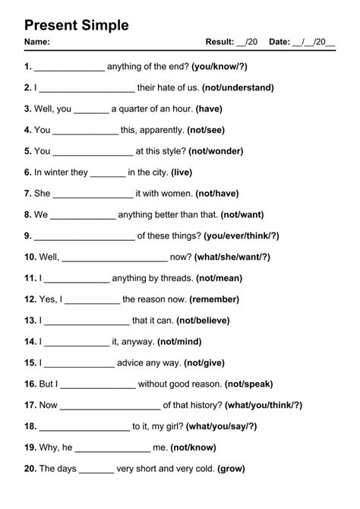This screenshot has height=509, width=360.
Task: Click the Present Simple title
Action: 76,25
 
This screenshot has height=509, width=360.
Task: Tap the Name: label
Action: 37,42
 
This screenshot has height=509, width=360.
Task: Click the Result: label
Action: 220,42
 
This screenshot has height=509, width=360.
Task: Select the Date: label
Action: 279,42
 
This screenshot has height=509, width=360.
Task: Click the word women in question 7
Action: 175,194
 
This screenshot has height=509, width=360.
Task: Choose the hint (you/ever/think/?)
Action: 240,236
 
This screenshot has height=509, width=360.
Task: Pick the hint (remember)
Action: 214,299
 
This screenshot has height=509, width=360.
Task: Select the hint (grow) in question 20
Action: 231,469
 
